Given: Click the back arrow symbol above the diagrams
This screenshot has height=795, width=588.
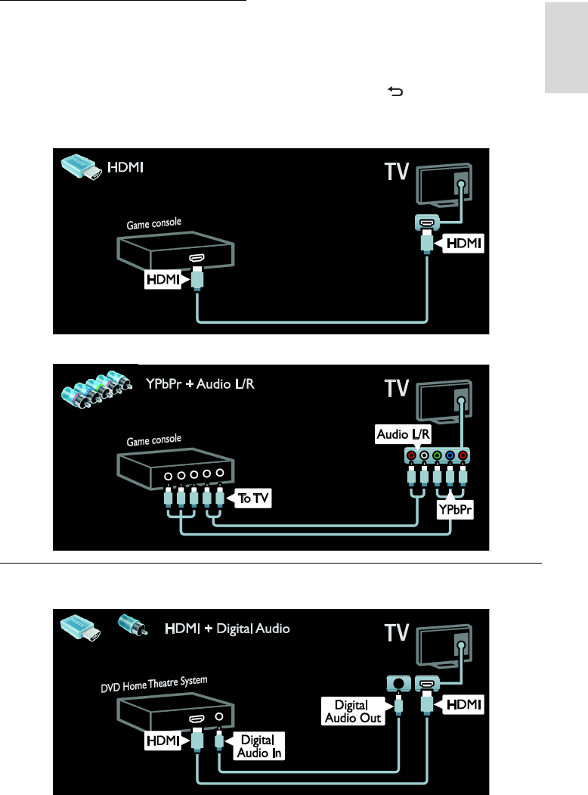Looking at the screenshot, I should pyautogui.click(x=395, y=92).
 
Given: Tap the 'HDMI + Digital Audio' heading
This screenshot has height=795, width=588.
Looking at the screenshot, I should pyautogui.click(x=227, y=628).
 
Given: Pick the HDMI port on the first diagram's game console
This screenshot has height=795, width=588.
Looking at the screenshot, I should pyautogui.click(x=197, y=259).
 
